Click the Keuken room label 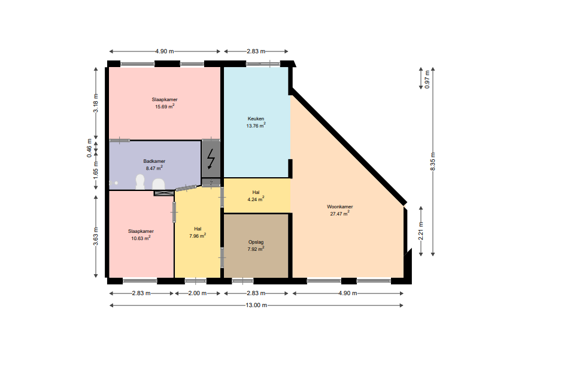click(x=256, y=119)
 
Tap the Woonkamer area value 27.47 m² click(x=339, y=214)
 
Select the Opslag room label click(x=256, y=242)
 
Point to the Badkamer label click(x=154, y=161)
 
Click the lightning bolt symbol click(x=211, y=159)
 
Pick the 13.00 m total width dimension click(x=256, y=305)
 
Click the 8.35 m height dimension click(x=433, y=162)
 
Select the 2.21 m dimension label click(x=421, y=231)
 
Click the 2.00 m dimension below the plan click(x=198, y=293)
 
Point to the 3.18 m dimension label click(x=96, y=103)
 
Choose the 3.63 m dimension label click(x=96, y=236)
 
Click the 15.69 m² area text click(x=165, y=107)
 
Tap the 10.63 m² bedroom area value click(x=141, y=238)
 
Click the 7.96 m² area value click(x=198, y=236)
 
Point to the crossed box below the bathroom click(x=164, y=193)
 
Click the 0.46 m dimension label click(x=89, y=148)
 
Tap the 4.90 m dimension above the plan click(x=165, y=51)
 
